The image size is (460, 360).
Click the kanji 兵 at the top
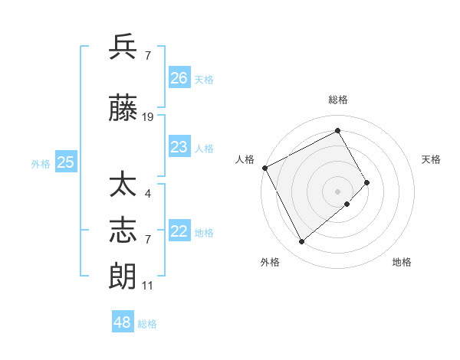[x=123, y=47]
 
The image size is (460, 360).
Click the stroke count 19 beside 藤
[x=148, y=117]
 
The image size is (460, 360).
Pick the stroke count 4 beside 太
[x=147, y=193]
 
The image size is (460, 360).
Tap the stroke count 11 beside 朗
[x=147, y=286]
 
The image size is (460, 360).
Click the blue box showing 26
[x=179, y=78]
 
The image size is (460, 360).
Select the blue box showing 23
[x=179, y=147]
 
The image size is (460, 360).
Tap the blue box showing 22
[x=179, y=231]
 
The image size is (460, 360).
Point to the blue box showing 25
[x=66, y=162]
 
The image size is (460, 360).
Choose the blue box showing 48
[x=123, y=322]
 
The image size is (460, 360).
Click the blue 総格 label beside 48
[x=148, y=324]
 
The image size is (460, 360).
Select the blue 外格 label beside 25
[x=41, y=163]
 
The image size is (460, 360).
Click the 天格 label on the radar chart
[x=432, y=159]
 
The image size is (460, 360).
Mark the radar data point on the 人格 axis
[x=264, y=167]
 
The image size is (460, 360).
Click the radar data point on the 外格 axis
[x=301, y=242]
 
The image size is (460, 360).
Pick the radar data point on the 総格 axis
[x=337, y=130]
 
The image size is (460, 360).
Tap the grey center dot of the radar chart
[x=337, y=190]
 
